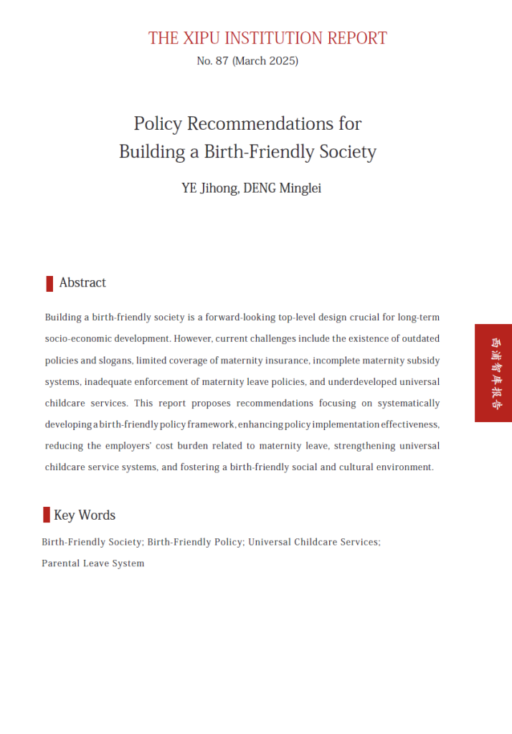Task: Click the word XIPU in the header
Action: pos(203,38)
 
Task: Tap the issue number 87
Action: pos(221,61)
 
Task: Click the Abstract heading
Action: pos(82,282)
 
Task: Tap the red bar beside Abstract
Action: pos(49,283)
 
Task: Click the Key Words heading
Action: pos(85,515)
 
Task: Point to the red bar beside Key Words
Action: pos(47,515)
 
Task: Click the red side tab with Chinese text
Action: pos(493,373)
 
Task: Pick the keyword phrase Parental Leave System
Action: pos(93,563)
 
